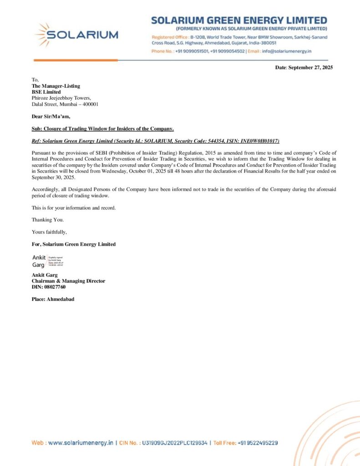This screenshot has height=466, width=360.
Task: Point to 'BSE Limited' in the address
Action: (x=43, y=92)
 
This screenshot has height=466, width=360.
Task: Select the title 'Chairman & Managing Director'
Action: (x=68, y=281)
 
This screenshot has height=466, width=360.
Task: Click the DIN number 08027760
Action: (x=55, y=287)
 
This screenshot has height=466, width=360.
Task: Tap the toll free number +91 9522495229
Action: (x=258, y=443)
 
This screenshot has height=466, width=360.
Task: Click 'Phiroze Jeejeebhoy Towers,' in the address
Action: (x=61, y=98)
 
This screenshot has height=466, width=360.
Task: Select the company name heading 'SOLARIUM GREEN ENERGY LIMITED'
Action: (x=239, y=20)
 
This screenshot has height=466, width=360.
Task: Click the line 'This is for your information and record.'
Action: (x=74, y=208)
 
